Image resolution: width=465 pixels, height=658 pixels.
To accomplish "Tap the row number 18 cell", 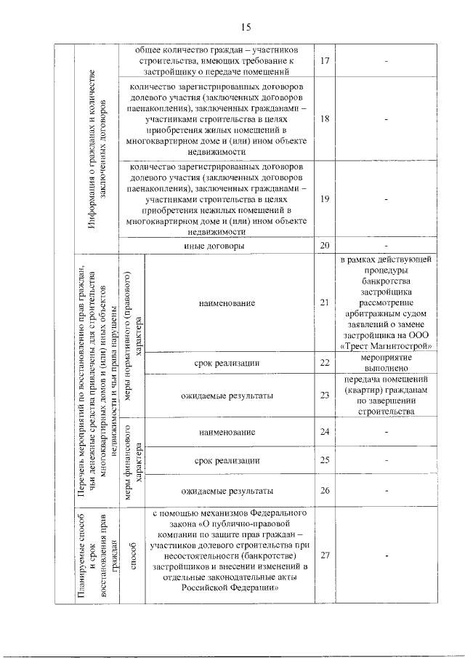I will point(325,119).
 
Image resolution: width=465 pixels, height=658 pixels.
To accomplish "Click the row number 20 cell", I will point(325,246).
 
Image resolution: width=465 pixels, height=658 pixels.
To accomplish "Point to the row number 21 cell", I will point(325,302).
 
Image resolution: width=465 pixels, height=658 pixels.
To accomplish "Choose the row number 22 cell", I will point(325,362).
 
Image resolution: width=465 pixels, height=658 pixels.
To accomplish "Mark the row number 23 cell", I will point(325,396).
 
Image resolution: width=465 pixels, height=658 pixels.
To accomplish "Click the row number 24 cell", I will point(325,433).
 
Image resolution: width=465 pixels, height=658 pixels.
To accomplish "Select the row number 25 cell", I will point(325,460).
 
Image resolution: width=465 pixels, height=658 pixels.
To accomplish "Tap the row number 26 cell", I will point(325,490).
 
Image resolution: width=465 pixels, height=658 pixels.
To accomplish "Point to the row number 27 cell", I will point(325,555).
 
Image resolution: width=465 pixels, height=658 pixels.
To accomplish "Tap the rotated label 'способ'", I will point(132,555).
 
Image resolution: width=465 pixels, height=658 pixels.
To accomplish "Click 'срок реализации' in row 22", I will point(227,362).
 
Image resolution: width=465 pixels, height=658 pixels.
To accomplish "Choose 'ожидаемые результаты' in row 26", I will point(227,490).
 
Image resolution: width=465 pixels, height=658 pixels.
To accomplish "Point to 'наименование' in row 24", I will point(227,433).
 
